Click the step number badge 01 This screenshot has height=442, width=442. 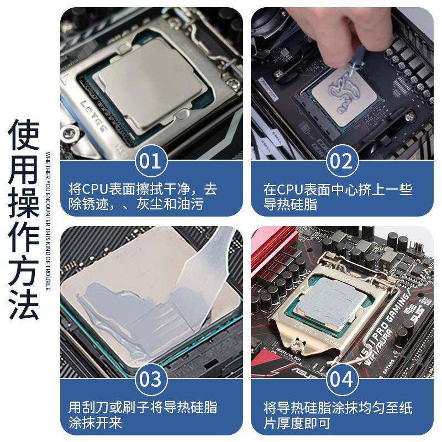pyautogui.click(x=150, y=161)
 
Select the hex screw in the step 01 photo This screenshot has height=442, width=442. pyautogui.click(x=70, y=133)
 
